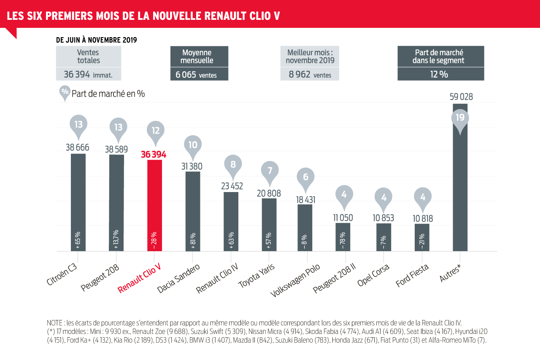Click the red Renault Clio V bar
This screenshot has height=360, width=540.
coord(154,205)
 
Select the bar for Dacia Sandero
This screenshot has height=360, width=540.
coord(193,211)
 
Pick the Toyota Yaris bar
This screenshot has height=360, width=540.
coord(269,225)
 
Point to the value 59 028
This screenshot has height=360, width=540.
coord(461,97)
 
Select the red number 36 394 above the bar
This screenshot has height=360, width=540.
coord(154,154)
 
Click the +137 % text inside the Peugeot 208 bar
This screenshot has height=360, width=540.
coord(116,240)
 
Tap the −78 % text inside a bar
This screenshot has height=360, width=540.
coord(343,241)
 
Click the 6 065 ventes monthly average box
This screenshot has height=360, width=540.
coord(199,75)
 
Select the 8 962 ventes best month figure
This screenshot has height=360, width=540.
coord(310,75)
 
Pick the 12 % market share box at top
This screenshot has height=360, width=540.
coord(440,74)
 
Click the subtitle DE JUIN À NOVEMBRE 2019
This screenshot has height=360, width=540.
coord(97,40)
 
